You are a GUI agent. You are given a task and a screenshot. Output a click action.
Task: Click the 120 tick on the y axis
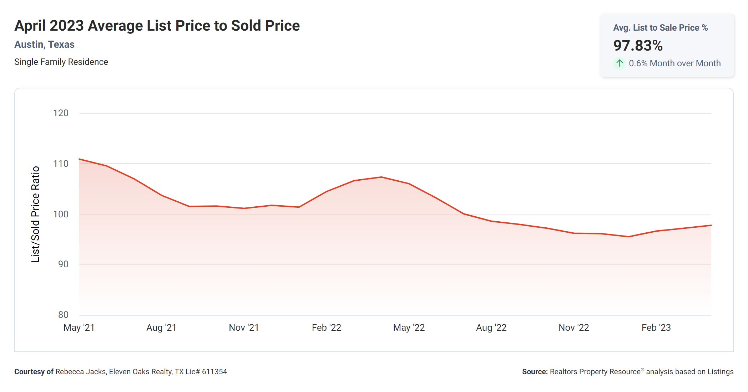tap(61, 113)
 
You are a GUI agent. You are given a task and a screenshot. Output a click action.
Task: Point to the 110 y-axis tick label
tap(61, 164)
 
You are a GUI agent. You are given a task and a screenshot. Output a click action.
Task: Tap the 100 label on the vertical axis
tap(61, 215)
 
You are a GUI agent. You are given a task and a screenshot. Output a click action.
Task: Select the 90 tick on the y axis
tap(63, 264)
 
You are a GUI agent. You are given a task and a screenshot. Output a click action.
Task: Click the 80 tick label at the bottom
tap(63, 315)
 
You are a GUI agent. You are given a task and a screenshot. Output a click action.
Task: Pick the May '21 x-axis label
tap(79, 328)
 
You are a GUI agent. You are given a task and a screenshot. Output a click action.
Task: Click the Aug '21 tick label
tap(161, 328)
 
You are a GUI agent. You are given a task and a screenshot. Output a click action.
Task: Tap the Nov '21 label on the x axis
tap(244, 328)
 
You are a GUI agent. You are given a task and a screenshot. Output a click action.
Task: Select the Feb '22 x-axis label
tap(326, 328)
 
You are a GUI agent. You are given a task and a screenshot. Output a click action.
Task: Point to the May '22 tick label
tap(409, 328)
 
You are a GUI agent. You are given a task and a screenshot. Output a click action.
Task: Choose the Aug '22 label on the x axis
tap(491, 328)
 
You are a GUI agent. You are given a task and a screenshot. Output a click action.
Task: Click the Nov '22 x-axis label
tap(574, 328)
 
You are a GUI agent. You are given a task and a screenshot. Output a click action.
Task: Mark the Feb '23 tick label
tap(656, 328)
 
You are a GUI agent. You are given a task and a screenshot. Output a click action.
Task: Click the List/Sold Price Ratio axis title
tap(35, 214)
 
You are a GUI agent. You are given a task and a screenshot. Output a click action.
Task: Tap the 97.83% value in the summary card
tap(638, 46)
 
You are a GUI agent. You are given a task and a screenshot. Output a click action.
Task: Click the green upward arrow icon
tap(620, 63)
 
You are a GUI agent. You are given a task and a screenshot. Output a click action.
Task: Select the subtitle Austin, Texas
tap(44, 45)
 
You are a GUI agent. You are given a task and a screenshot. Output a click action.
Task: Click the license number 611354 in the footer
tap(214, 372)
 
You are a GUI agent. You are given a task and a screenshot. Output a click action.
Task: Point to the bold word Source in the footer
tap(535, 372)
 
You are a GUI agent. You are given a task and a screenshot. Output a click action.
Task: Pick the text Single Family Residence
tap(61, 62)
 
